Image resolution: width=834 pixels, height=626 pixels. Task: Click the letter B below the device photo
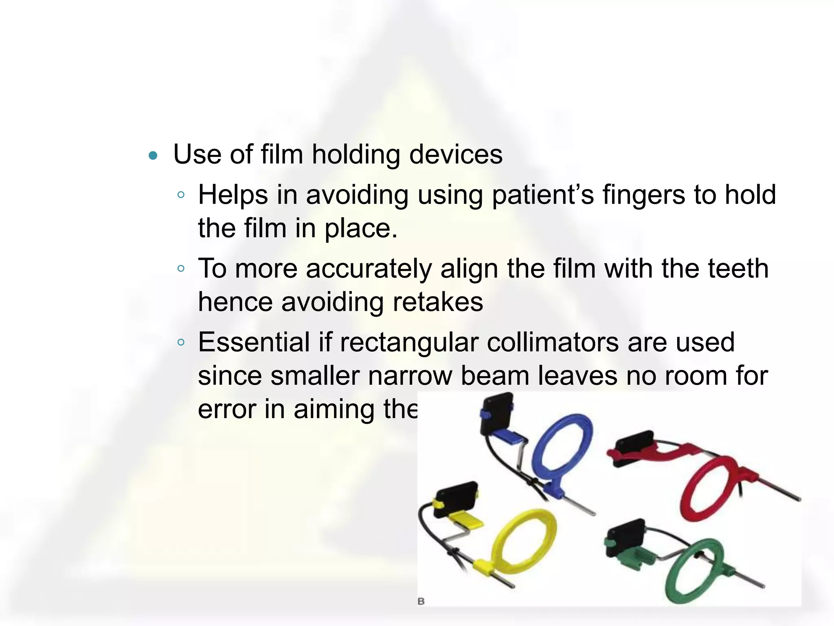[x=421, y=601]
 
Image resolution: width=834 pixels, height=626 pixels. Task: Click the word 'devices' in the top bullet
[x=456, y=154]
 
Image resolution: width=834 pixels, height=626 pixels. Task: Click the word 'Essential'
[x=254, y=342]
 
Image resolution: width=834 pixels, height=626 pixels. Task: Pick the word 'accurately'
[x=369, y=269]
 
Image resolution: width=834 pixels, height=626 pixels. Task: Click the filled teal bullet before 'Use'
[x=153, y=155]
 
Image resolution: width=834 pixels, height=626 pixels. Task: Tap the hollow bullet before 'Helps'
[x=181, y=195]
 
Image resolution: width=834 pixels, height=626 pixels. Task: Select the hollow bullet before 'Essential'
[x=181, y=342]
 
